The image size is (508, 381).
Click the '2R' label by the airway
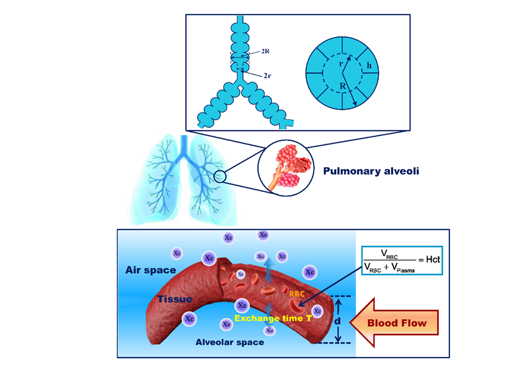point(265,52)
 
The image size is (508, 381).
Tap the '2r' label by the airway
point(267,76)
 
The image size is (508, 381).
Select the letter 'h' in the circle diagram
point(369,66)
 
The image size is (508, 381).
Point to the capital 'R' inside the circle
point(343,86)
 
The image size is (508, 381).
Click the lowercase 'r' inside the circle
point(341,63)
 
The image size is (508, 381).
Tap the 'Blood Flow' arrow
point(395,323)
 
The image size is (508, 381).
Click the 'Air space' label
point(150,270)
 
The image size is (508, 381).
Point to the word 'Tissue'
point(174,299)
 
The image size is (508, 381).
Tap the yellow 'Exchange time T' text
point(272,318)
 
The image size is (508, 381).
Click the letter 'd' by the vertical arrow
point(338,321)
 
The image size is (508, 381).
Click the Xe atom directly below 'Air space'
point(189,318)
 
